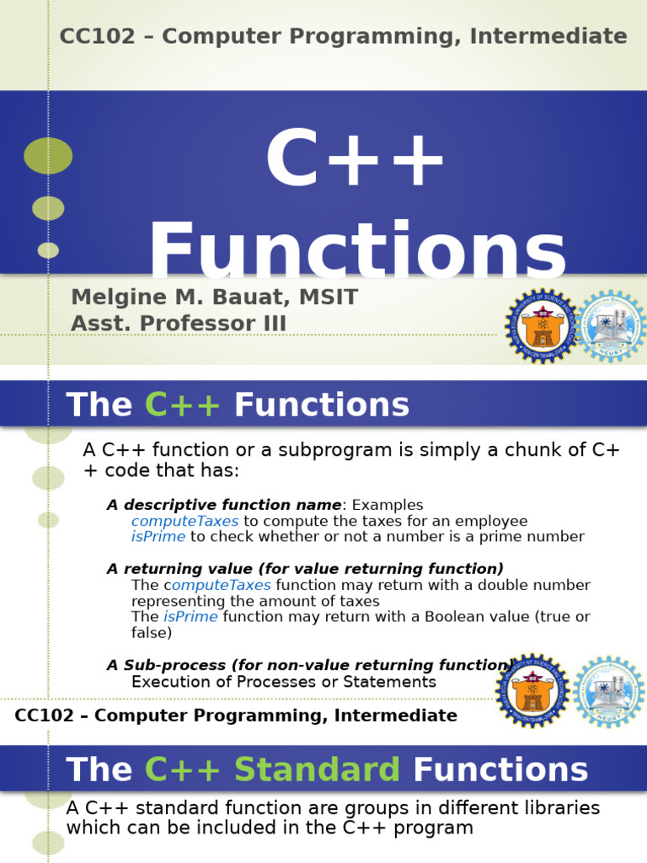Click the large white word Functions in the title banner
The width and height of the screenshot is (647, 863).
pos(358,250)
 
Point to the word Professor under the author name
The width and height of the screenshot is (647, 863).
pos(206,324)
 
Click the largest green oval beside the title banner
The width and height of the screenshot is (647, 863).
pos(48,156)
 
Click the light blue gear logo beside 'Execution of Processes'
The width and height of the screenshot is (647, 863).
pos(609,691)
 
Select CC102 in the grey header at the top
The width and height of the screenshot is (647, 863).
pos(87,36)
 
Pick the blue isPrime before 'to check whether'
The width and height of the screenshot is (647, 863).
pos(158,537)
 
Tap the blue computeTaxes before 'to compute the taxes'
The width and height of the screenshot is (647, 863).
pos(184,521)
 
